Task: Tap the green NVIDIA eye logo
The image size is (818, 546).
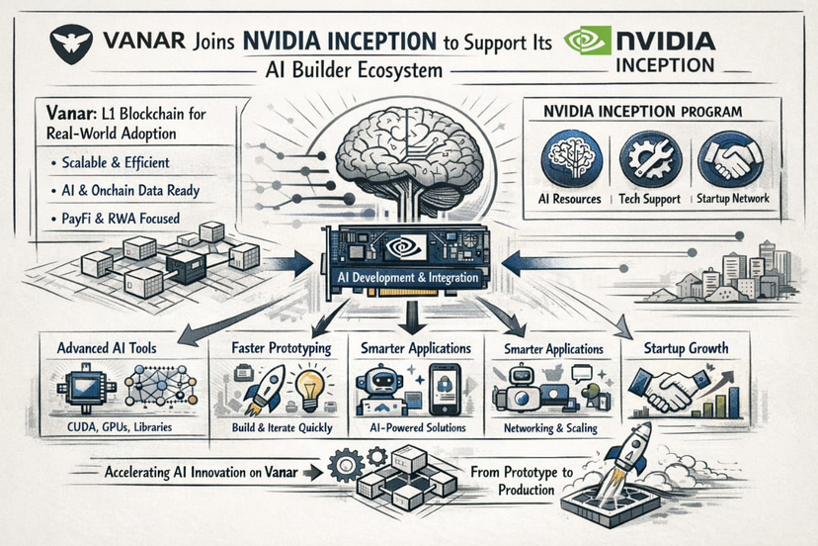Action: pos(582,42)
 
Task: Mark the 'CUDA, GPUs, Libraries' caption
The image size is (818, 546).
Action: pos(117,427)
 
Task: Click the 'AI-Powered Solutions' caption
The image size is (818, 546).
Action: pos(416,427)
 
